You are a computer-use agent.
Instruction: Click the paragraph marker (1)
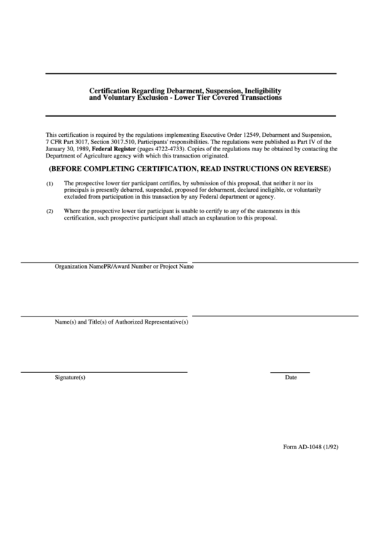click(50, 184)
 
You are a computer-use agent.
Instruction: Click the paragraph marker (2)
click(50, 212)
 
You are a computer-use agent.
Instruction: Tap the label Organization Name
click(79, 267)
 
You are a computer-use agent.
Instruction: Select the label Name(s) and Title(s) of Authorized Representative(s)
click(122, 322)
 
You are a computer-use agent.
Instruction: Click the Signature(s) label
click(70, 377)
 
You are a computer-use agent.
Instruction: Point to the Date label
click(290, 377)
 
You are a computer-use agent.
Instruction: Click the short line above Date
click(290, 372)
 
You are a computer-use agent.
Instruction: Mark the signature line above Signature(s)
click(103, 372)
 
